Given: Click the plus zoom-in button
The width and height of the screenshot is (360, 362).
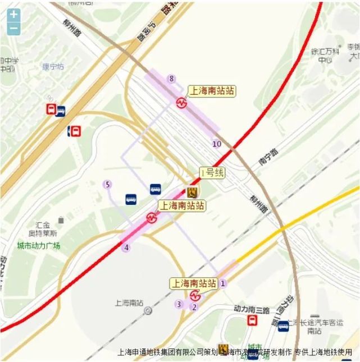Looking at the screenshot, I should click(13, 15).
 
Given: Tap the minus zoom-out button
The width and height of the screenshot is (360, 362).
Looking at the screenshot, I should click(13, 28).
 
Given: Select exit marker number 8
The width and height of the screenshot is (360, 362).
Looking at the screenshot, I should click(172, 79).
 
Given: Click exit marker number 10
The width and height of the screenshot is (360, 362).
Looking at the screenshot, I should click(217, 144).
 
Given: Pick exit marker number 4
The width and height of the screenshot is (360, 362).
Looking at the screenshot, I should click(127, 248).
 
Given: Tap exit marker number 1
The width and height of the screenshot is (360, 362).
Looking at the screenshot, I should click(223, 283).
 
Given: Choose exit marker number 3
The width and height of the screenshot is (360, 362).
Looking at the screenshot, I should click(179, 304).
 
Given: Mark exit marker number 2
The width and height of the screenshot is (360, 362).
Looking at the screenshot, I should click(194, 306).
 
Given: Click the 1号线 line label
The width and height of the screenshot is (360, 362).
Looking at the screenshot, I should click(212, 172).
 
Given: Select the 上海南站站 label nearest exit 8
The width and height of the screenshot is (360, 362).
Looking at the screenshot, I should click(211, 91).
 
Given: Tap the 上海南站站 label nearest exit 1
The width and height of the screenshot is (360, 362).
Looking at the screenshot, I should click(194, 283).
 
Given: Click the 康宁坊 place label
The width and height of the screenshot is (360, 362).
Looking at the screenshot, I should click(53, 67).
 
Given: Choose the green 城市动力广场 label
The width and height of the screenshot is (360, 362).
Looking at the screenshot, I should click(38, 246).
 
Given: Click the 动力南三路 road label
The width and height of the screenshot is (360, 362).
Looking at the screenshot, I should click(252, 309).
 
